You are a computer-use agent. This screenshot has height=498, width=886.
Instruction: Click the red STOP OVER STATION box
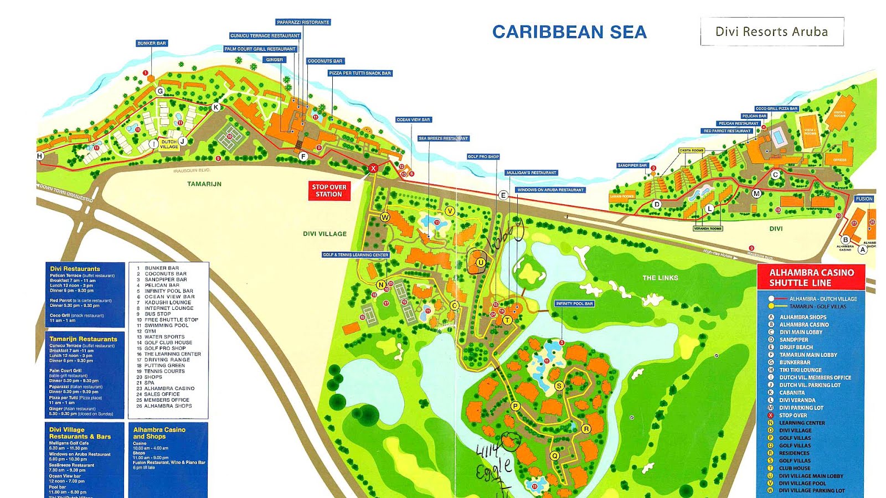tap(329, 190)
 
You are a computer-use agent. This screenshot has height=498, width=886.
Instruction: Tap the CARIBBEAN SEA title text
tap(569, 32)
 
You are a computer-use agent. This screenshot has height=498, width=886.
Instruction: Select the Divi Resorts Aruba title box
tap(771, 32)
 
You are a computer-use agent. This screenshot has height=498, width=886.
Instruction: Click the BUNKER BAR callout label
tap(151, 43)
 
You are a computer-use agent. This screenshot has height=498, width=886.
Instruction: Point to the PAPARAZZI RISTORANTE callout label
tap(303, 23)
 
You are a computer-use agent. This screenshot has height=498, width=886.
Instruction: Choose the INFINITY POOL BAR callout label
tap(574, 304)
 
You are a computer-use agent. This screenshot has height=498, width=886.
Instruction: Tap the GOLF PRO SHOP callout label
tap(483, 157)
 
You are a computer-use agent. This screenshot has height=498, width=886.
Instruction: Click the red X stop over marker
tap(373, 168)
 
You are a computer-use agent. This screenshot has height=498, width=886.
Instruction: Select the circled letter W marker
tap(384, 217)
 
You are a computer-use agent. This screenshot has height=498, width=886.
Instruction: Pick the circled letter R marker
tap(586, 429)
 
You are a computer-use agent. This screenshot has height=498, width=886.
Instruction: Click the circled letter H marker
tap(40, 156)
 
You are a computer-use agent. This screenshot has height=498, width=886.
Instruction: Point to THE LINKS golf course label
tap(660, 278)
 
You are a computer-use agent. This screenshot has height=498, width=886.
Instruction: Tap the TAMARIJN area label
tap(204, 184)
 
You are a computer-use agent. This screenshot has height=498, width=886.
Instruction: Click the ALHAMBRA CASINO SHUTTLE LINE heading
tap(811, 277)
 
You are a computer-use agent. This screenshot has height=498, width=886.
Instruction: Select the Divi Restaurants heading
tap(75, 269)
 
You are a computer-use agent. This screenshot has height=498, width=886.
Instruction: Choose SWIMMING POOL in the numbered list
tap(166, 325)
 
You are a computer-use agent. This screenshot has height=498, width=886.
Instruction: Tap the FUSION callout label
tap(863, 199)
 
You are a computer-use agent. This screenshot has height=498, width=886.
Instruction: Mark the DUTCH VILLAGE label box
tap(169, 144)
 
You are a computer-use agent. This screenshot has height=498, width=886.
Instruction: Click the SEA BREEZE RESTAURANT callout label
tap(443, 138)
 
